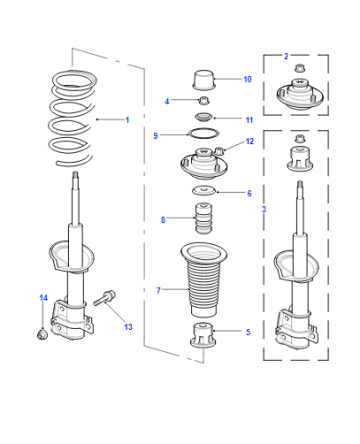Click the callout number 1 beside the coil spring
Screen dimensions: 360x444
[x=127, y=120]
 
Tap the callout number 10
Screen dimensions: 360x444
[x=247, y=79]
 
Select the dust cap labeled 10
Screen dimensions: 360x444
[x=203, y=80]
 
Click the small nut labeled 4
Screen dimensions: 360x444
[x=204, y=101]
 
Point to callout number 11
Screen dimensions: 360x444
[x=249, y=120]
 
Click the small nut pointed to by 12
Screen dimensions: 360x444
[x=219, y=151]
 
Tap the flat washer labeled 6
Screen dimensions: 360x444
[x=204, y=191]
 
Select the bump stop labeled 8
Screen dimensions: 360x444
[x=203, y=218]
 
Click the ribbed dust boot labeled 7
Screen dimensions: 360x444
[x=203, y=280]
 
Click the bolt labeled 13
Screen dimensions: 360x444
[x=105, y=298]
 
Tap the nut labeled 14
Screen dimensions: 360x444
[x=42, y=334]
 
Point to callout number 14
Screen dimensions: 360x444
[x=43, y=298]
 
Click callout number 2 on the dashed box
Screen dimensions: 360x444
[x=286, y=56]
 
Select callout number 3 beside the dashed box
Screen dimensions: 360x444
[x=264, y=209]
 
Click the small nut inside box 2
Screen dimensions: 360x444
[x=300, y=68]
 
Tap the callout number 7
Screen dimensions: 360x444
[x=158, y=291]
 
